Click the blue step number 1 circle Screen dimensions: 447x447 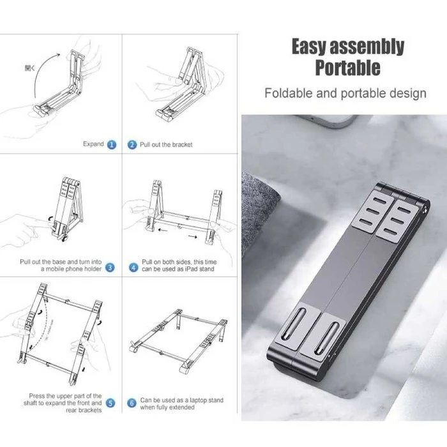point(112,145)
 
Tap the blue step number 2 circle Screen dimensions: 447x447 point(132,145)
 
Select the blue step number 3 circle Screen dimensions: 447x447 point(109,268)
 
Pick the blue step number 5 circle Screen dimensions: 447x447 point(110,403)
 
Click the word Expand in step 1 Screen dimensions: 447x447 point(93,144)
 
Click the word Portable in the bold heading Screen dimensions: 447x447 point(347,67)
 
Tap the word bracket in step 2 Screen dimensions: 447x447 point(181,145)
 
